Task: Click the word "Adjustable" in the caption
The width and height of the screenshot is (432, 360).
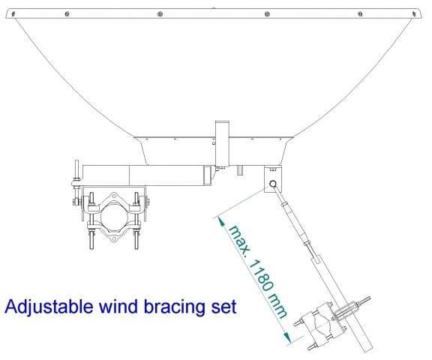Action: [x=49, y=307]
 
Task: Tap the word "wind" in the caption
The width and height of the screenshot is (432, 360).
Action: [x=119, y=306]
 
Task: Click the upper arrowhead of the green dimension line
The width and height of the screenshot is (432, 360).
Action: [x=221, y=221]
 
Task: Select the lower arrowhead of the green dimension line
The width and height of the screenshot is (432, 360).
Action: [x=286, y=338]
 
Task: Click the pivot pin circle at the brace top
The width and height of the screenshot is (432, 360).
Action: [x=273, y=184]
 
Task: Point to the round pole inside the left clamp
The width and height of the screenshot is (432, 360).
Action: [x=112, y=217]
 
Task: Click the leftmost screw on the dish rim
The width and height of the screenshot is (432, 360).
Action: [x=13, y=14]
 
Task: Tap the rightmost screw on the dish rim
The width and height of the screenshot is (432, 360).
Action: [x=414, y=13]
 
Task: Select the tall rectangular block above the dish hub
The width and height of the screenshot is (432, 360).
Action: [x=222, y=144]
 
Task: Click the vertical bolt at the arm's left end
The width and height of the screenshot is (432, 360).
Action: [x=76, y=172]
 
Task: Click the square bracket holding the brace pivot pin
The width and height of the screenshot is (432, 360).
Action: [x=273, y=178]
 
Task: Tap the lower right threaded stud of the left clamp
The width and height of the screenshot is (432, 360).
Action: [x=136, y=240]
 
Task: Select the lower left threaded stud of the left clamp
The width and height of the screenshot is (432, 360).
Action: [x=91, y=240]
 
